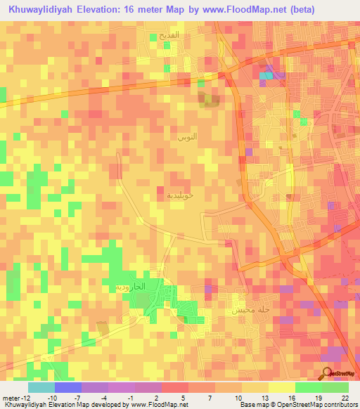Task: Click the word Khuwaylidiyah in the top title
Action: (37, 10)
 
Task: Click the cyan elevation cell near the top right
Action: (266, 75)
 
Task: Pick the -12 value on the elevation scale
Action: (22, 398)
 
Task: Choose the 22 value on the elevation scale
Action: (343, 398)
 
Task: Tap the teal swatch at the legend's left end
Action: (41, 387)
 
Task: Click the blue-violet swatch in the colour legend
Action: (68, 387)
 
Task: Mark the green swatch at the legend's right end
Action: (335, 387)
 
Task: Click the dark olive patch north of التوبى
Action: (209, 103)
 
